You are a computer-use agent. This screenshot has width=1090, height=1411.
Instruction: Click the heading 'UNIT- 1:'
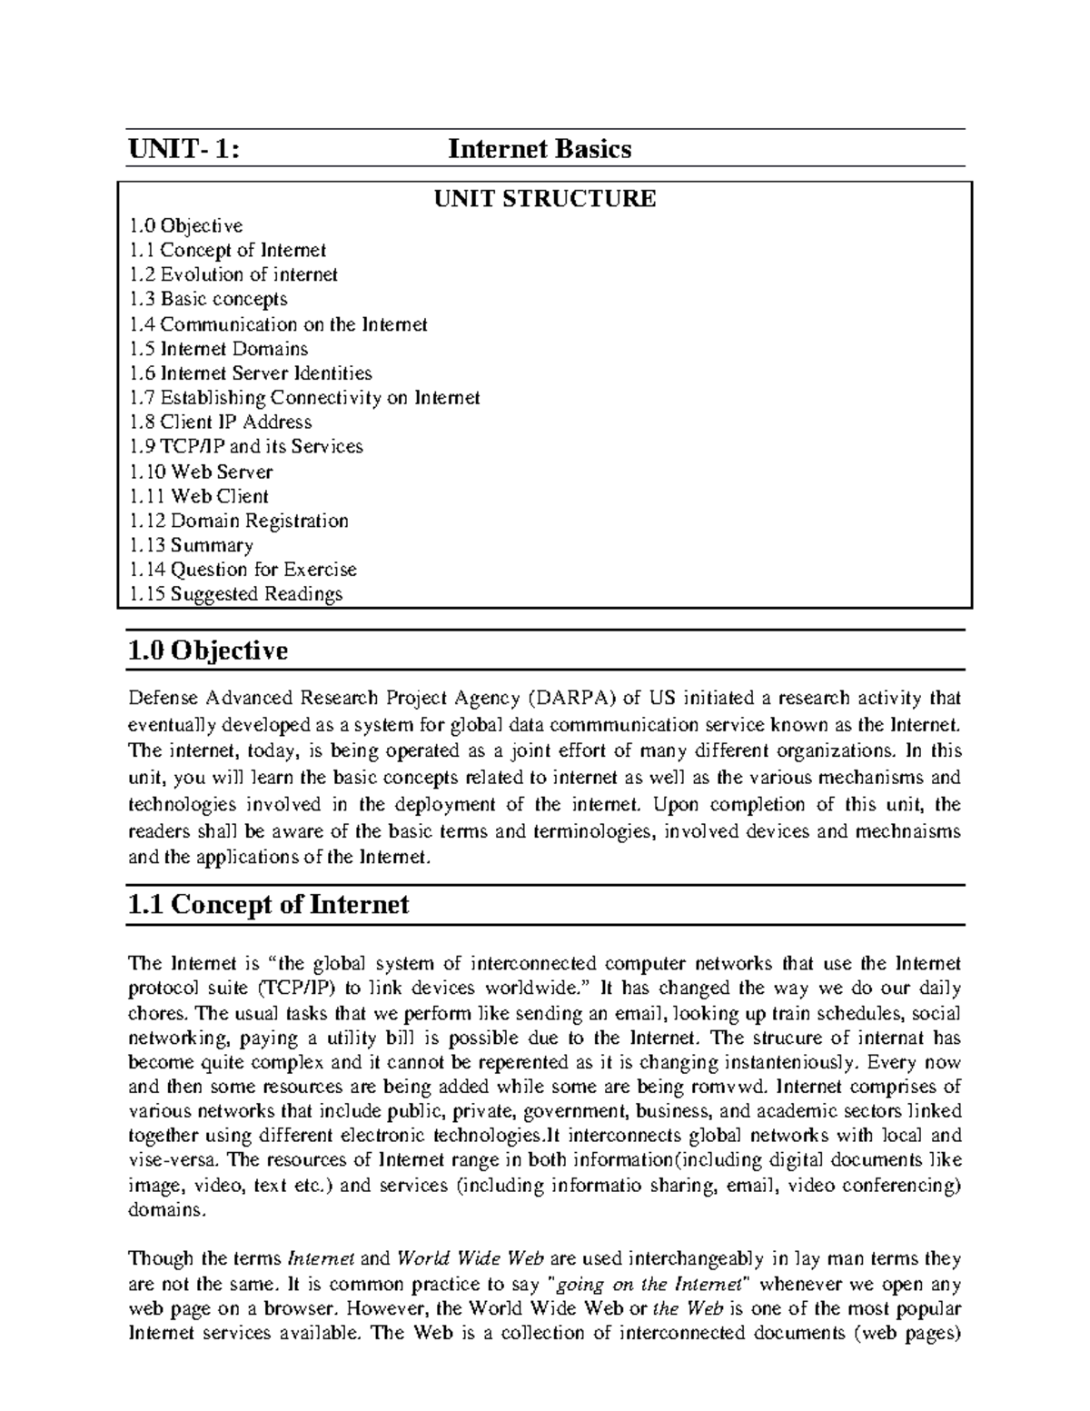184,149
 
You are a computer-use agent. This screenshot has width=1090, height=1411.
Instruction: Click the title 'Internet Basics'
540,149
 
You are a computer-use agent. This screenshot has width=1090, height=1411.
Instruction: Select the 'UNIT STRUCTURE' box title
544,199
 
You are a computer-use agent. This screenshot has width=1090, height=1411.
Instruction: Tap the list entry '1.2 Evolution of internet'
233,274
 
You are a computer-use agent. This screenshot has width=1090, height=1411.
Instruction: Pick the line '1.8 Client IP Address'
220,422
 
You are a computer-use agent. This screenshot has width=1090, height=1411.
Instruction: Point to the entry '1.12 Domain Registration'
238,521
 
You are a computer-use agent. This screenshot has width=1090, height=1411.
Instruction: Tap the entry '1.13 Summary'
191,545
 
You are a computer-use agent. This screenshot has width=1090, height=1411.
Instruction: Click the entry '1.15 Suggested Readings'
235,594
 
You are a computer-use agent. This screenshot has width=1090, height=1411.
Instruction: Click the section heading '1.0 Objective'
208,651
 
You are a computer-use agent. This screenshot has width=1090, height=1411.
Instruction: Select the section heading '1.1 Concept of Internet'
268,905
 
